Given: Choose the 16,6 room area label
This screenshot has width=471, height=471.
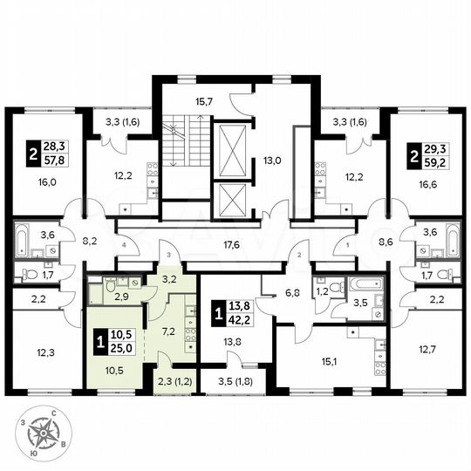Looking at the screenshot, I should tap(425, 185).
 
